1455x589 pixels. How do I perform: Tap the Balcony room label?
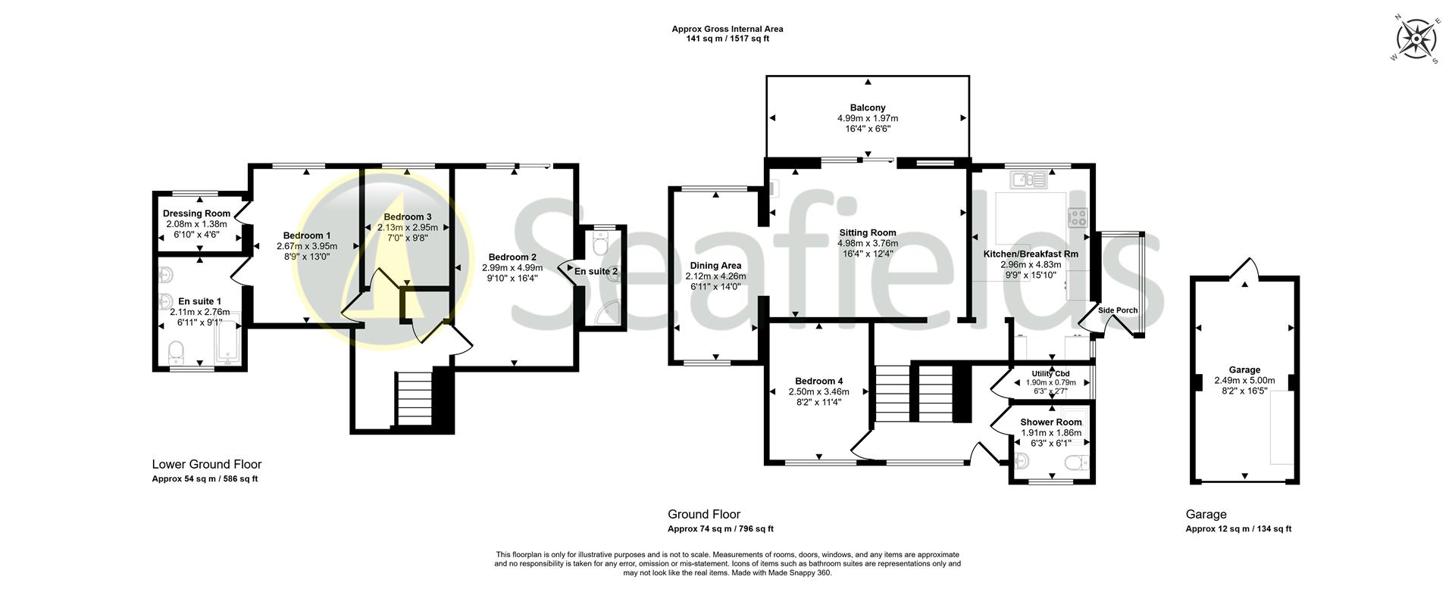point(867,108)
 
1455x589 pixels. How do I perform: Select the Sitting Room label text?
point(867,233)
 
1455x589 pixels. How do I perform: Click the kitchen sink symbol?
point(1028,180)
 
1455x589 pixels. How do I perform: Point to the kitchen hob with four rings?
point(1078,218)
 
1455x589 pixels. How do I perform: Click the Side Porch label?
point(1118,310)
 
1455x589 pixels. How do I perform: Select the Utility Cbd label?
point(1050,374)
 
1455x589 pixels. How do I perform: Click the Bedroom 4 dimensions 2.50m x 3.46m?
point(818,392)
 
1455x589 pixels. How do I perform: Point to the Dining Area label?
point(715,266)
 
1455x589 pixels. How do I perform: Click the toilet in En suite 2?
point(601,245)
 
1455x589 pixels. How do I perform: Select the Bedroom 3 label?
point(408,217)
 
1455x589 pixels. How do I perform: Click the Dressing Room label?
point(196,214)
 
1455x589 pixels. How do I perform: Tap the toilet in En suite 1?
point(176,351)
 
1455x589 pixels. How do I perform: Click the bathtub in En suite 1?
point(228,338)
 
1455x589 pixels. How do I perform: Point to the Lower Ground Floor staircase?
point(413,400)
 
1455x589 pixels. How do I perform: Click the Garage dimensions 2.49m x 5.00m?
point(1244,381)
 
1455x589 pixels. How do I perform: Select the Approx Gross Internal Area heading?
point(727,30)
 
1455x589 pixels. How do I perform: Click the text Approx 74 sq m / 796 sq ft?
point(720,529)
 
